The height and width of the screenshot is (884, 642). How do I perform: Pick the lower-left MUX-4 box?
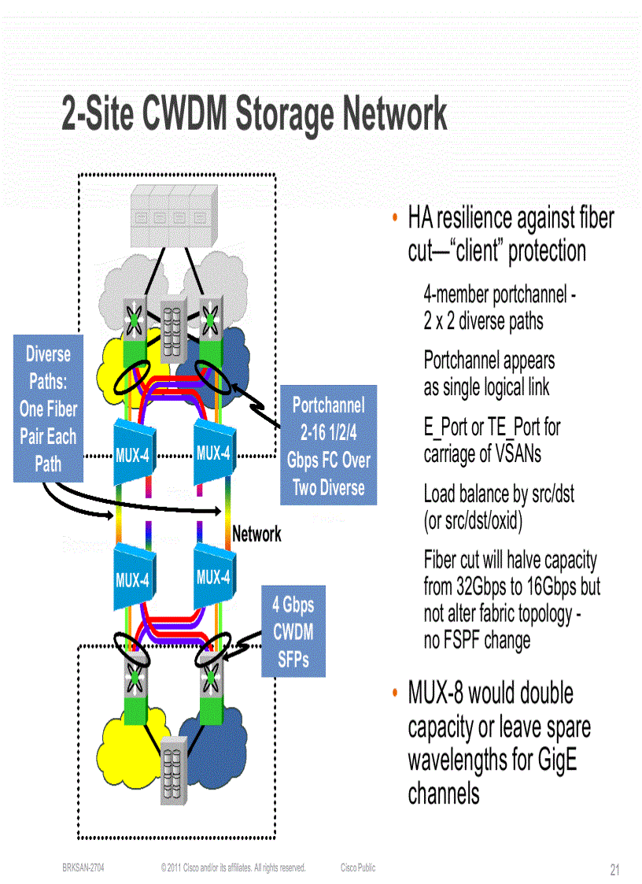[131, 579]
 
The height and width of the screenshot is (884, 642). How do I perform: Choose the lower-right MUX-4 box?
[212, 576]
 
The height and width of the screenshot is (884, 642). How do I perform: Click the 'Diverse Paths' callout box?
[48, 409]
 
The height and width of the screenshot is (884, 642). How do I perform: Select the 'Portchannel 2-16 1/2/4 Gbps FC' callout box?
[328, 446]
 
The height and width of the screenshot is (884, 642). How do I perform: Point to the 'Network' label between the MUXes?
[256, 534]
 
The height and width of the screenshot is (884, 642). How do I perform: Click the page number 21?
[615, 870]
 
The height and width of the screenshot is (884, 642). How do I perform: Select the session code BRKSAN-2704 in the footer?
[83, 867]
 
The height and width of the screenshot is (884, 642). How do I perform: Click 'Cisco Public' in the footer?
[358, 867]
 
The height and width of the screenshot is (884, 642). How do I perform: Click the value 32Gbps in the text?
[482, 587]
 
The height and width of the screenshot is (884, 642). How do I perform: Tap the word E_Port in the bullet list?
[445, 427]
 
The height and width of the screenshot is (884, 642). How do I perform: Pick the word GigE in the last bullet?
[555, 761]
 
